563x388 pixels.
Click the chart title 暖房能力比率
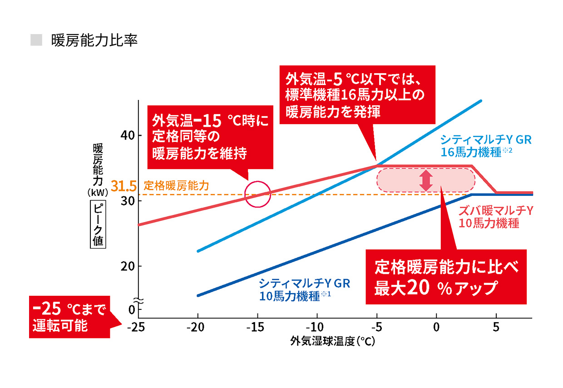tap(94, 40)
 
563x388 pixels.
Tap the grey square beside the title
tap(36, 40)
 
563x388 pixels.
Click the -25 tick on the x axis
tap(138, 327)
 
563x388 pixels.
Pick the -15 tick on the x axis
tap(257, 327)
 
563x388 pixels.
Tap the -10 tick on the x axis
tap(317, 327)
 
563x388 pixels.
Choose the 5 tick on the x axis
tap(496, 327)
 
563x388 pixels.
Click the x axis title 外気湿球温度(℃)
tap(333, 341)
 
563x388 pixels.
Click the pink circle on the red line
tap(257, 194)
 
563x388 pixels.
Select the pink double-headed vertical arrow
tap(426, 180)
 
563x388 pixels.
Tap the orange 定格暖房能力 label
tap(176, 186)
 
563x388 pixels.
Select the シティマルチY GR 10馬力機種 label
tap(304, 290)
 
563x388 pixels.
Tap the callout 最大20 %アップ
tap(445, 277)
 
